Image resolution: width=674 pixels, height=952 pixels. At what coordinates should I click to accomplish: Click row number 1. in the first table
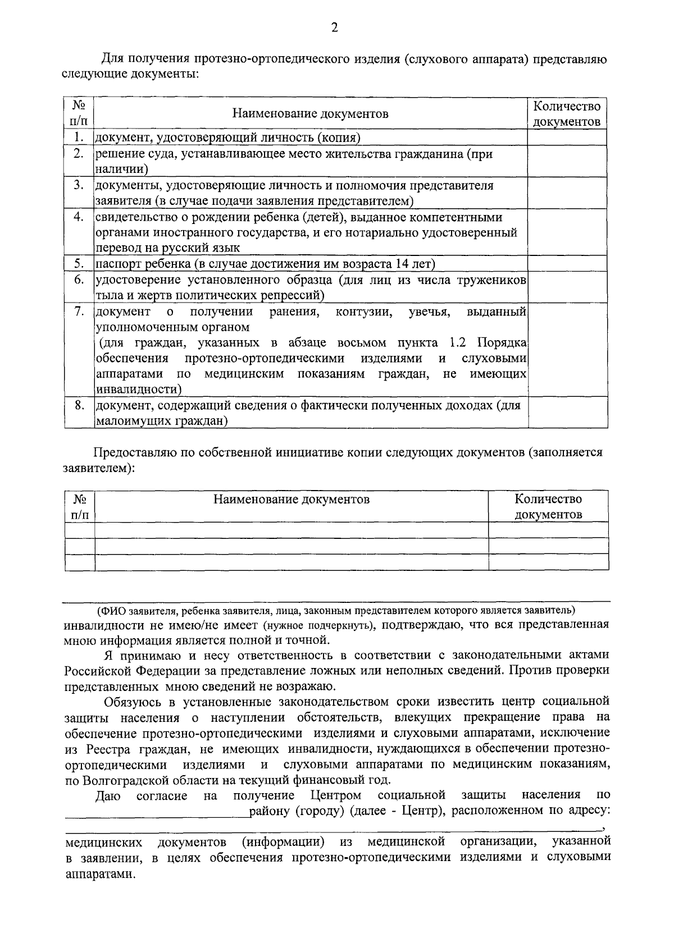click(79, 138)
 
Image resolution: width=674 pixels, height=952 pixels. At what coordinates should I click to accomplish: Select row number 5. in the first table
click(79, 264)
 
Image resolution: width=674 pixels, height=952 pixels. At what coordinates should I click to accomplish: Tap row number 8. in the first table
click(79, 405)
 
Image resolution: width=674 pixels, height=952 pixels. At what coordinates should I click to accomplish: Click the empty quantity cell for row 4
click(567, 232)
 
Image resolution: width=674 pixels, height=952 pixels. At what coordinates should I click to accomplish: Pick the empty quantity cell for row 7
click(567, 350)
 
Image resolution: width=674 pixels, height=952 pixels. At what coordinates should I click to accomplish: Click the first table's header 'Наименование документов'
click(311, 114)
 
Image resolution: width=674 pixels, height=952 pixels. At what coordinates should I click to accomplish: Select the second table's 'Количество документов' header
click(548, 506)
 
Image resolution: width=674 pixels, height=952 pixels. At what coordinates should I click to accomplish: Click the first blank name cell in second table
click(291, 530)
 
